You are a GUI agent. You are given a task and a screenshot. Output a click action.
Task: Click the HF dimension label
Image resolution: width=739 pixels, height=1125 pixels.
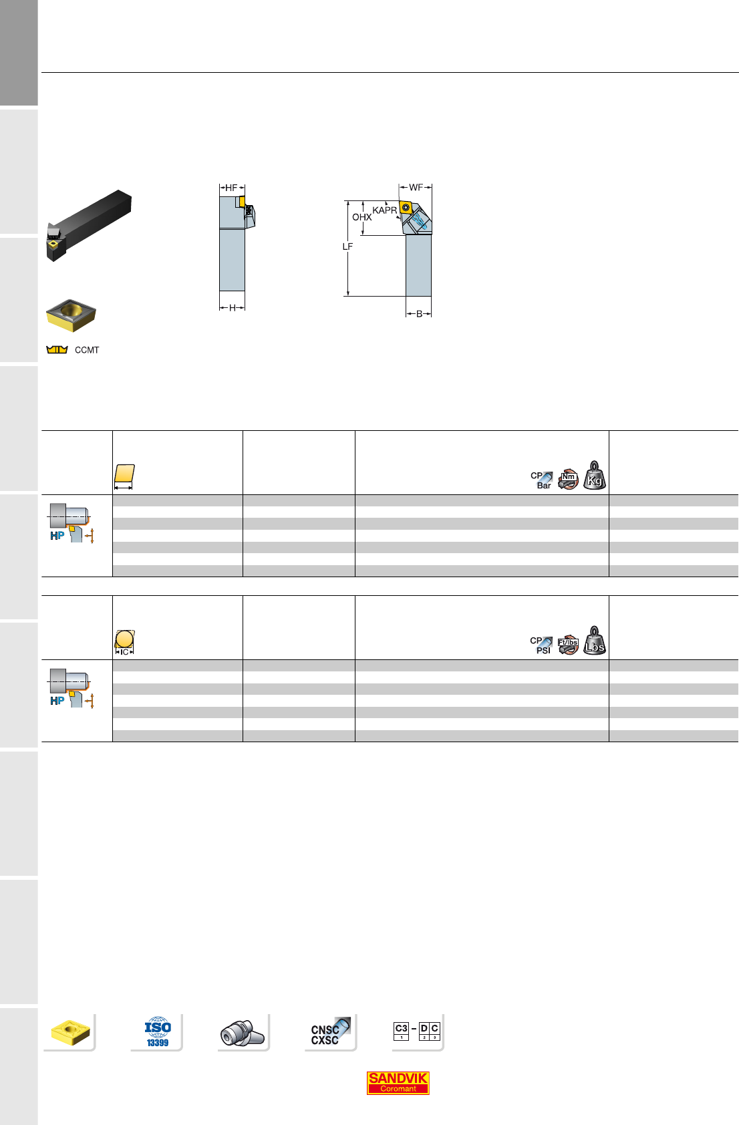[x=231, y=188]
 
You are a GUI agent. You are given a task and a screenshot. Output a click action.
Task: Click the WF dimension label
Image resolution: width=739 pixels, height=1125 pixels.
[x=416, y=187]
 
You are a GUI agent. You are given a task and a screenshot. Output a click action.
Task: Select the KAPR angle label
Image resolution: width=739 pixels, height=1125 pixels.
[x=384, y=210]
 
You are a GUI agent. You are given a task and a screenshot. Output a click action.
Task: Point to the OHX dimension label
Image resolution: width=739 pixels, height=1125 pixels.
[x=361, y=217]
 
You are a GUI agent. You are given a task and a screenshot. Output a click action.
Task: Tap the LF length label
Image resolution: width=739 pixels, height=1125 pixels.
[x=347, y=247]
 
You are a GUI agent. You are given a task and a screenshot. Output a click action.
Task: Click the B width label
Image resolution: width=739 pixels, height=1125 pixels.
[x=419, y=314]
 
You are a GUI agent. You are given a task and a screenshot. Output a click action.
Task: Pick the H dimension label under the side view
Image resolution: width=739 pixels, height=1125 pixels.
[x=232, y=308]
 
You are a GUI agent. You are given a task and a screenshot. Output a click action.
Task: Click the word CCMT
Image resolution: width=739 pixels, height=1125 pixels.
[x=87, y=350]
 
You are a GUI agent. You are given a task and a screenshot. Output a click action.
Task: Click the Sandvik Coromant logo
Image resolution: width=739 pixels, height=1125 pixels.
[x=398, y=1082]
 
